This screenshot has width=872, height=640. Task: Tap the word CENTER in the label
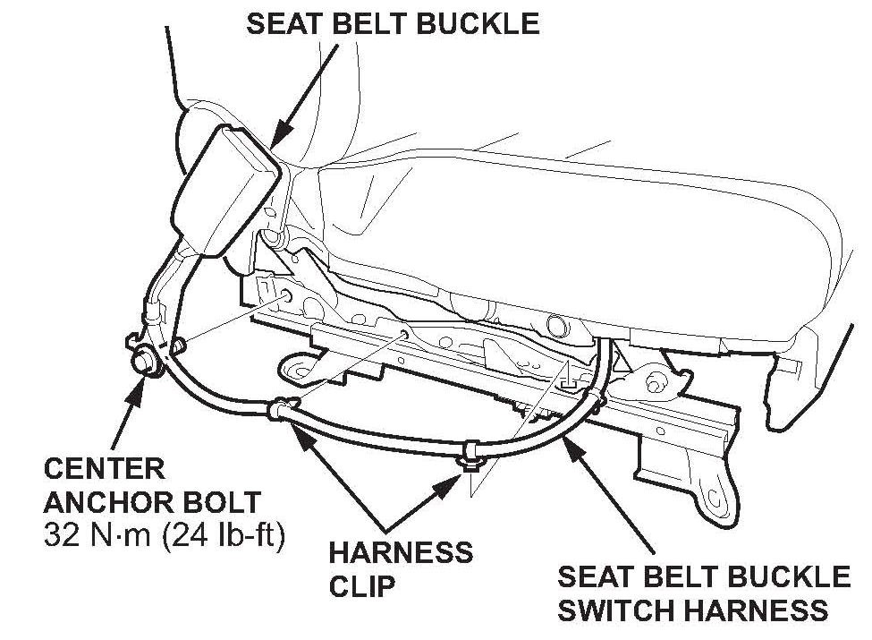click(104, 469)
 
